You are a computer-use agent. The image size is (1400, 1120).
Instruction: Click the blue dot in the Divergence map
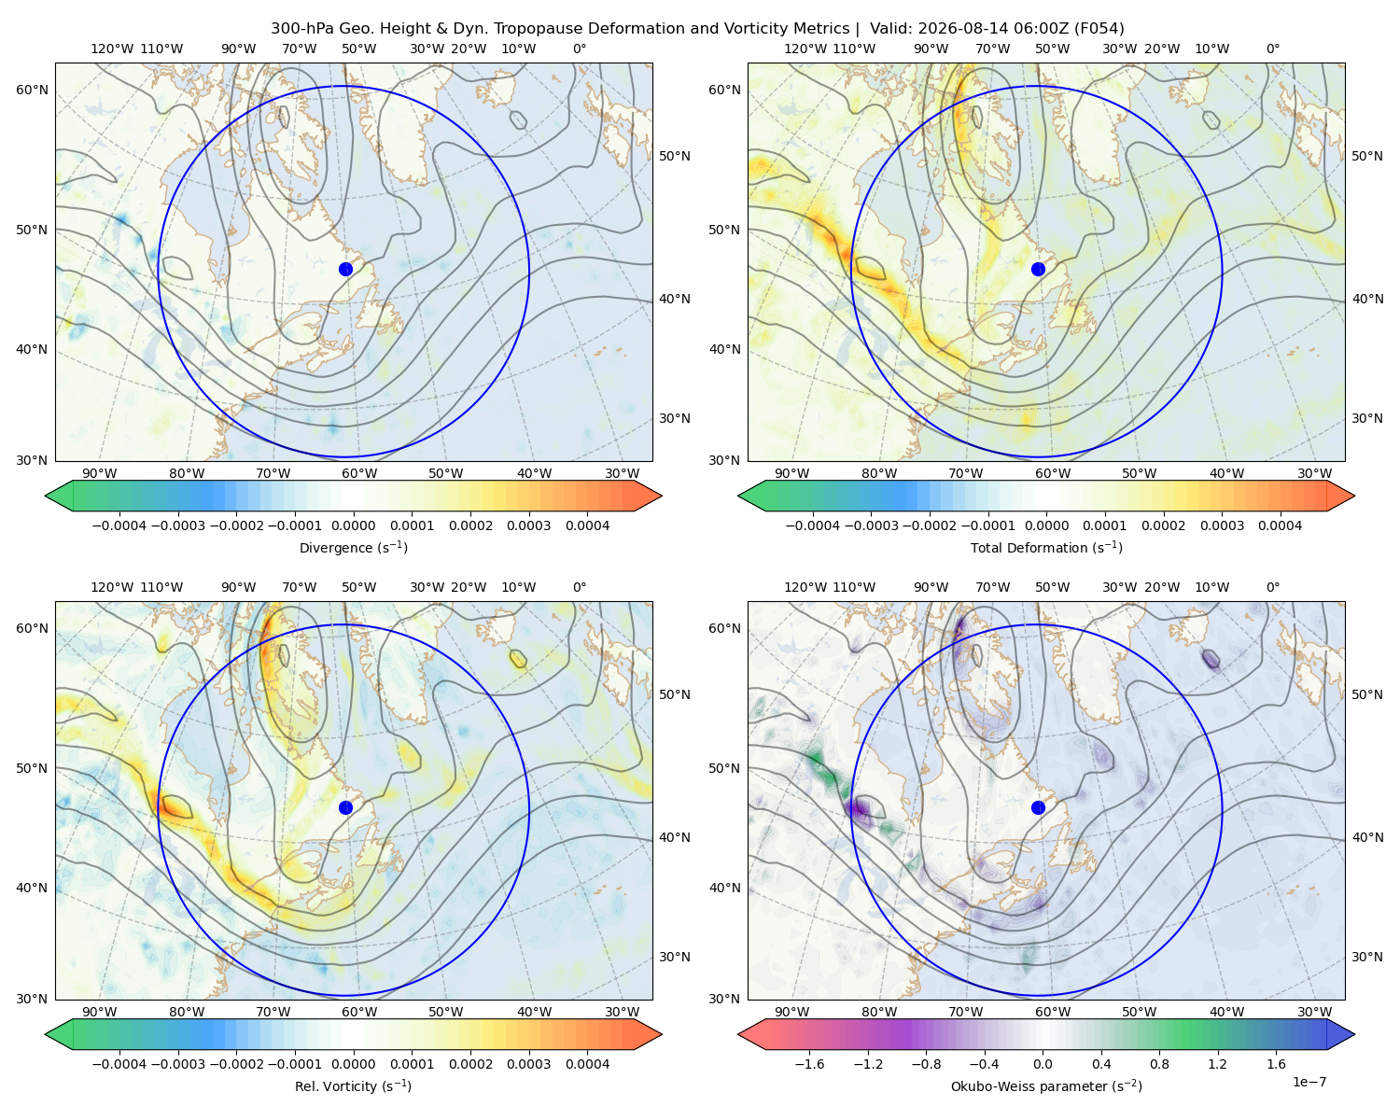click(345, 269)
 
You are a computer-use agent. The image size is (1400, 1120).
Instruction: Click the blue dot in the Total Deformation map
click(1038, 269)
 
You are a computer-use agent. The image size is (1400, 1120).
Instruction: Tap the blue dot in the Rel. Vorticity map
click(345, 807)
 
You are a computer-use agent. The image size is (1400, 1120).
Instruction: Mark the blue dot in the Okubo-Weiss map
click(1038, 807)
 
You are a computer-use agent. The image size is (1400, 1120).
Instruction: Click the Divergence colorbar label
click(353, 547)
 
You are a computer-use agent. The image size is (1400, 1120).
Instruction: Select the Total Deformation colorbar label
click(1046, 547)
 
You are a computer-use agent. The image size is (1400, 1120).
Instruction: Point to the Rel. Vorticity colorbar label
click(353, 1085)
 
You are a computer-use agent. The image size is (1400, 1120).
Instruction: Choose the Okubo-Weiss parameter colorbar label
click(1046, 1085)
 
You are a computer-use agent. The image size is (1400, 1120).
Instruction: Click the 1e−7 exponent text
click(1309, 1082)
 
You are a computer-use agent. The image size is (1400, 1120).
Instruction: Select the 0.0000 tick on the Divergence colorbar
click(353, 525)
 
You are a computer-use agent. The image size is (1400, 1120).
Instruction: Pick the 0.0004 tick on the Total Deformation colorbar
click(1280, 525)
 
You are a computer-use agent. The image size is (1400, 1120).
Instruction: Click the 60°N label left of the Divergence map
click(32, 90)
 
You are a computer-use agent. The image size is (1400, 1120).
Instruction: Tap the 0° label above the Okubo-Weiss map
click(1272, 587)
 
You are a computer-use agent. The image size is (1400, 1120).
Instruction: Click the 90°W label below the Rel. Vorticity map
click(100, 1012)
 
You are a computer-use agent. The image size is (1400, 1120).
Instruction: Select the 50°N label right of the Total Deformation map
click(1366, 156)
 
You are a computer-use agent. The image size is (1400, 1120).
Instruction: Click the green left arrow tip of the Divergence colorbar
click(46, 496)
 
